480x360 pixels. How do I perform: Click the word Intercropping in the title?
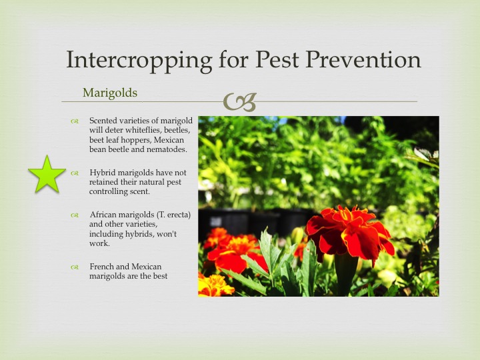click(x=139, y=60)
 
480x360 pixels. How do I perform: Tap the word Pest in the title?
click(x=277, y=59)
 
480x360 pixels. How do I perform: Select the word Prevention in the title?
click(x=363, y=59)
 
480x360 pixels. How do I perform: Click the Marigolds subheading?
click(x=110, y=93)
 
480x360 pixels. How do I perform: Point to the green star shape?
click(x=47, y=175)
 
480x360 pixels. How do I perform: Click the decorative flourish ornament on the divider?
click(x=240, y=102)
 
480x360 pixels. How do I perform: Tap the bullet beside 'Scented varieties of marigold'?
click(x=75, y=121)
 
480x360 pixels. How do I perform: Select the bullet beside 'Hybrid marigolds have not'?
click(x=75, y=173)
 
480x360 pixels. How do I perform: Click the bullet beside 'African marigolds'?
click(x=75, y=215)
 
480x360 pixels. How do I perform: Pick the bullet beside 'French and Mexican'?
click(x=75, y=267)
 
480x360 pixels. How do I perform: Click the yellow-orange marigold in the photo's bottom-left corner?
click(x=214, y=285)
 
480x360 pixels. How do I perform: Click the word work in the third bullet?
click(x=99, y=244)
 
